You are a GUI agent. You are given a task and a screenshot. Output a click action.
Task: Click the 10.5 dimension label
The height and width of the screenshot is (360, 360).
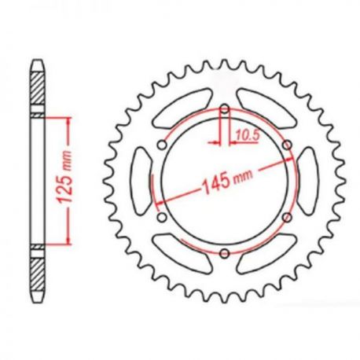248,135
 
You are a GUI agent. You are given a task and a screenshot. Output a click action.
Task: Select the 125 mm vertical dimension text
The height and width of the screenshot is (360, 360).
64,177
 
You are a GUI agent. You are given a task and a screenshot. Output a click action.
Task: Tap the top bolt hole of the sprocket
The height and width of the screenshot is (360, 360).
225,109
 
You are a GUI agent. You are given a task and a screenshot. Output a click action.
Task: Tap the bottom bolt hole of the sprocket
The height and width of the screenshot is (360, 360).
225,253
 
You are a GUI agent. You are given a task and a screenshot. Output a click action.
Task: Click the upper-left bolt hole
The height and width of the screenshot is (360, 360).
163,145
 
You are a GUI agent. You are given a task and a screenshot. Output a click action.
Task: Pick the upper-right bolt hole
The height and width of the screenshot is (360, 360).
287,145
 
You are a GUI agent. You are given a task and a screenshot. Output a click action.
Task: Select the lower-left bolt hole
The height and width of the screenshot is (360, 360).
163,217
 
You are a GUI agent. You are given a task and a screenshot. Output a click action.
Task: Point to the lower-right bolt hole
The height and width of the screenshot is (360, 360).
287,217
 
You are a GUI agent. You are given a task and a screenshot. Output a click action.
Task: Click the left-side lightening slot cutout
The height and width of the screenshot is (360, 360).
143,182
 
